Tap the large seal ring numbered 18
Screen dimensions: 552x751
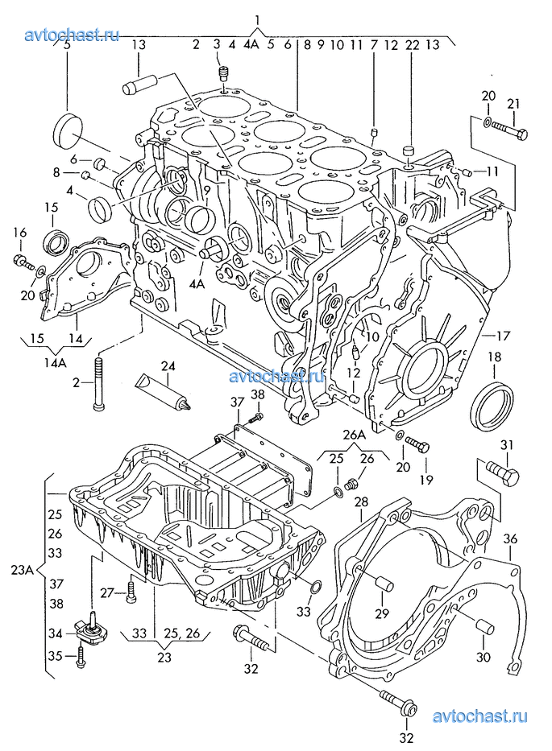(x=492, y=406)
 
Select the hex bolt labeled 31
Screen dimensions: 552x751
(x=503, y=472)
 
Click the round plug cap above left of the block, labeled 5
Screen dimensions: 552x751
(x=67, y=129)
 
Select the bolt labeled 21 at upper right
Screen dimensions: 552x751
(x=508, y=130)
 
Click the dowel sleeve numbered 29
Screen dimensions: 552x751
(x=384, y=585)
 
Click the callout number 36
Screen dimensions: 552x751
(x=510, y=538)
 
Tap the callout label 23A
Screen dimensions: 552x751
(x=23, y=571)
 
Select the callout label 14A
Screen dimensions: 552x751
(x=55, y=362)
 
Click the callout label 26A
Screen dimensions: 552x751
(x=354, y=435)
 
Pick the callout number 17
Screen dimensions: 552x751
(x=504, y=336)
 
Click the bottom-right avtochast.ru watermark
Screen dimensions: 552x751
(x=480, y=716)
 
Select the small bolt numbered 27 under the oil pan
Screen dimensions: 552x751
(x=131, y=592)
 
